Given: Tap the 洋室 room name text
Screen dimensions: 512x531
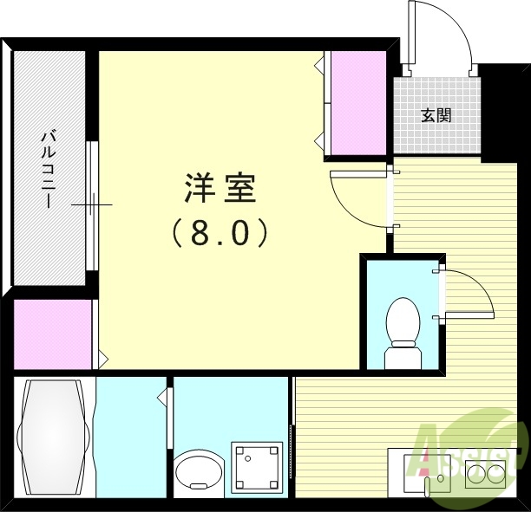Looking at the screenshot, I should point(220,189).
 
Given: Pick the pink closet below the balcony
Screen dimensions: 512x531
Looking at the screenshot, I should point(52,334).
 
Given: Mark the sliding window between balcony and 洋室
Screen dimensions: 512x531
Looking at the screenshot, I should point(91,204).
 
